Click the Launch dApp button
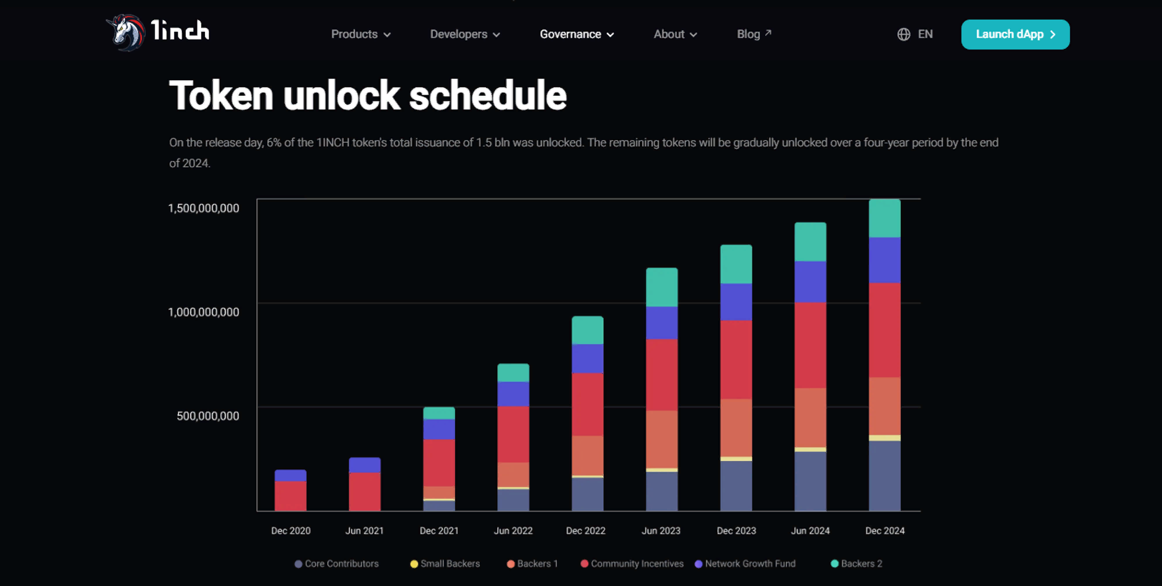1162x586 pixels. pyautogui.click(x=1015, y=34)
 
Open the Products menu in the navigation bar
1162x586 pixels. pyautogui.click(x=360, y=34)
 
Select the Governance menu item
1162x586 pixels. pyautogui.click(x=576, y=34)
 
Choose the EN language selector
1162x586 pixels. pyautogui.click(x=915, y=34)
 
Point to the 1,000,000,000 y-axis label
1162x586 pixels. pyautogui.click(x=203, y=312)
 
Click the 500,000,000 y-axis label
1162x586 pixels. pyautogui.click(x=207, y=416)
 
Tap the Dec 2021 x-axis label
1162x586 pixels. pyautogui.click(x=439, y=531)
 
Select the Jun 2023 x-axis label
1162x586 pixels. pyautogui.click(x=661, y=531)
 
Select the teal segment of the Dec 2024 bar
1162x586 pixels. pyautogui.click(x=884, y=218)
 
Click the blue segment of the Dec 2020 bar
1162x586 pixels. pyautogui.click(x=290, y=476)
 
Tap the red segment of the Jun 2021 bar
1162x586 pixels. pyautogui.click(x=365, y=491)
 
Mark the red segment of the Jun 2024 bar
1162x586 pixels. pyautogui.click(x=810, y=345)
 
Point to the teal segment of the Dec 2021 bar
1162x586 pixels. pyautogui.click(x=439, y=413)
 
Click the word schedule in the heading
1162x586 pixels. pyautogui.click(x=487, y=96)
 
